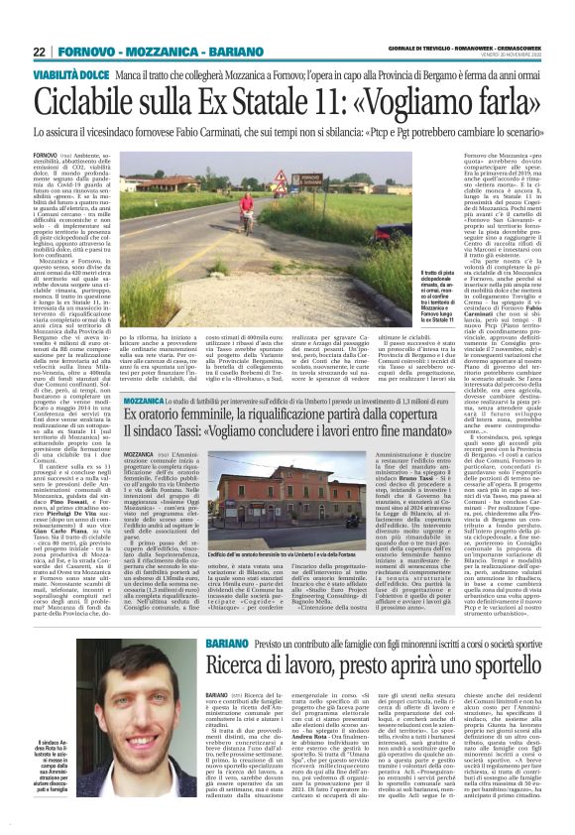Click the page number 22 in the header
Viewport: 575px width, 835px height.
pyautogui.click(x=39, y=52)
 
